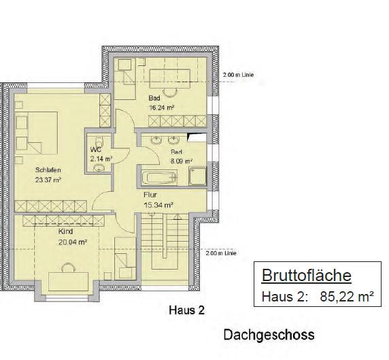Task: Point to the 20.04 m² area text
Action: coord(73,241)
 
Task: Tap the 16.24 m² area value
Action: coord(161,107)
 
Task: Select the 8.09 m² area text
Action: coord(181,161)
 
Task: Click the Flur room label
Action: coord(150,194)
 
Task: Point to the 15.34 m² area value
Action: coord(158,203)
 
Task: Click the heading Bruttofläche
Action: coord(306,276)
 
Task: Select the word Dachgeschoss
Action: coord(269,336)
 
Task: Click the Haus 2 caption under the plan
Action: coord(186,310)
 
